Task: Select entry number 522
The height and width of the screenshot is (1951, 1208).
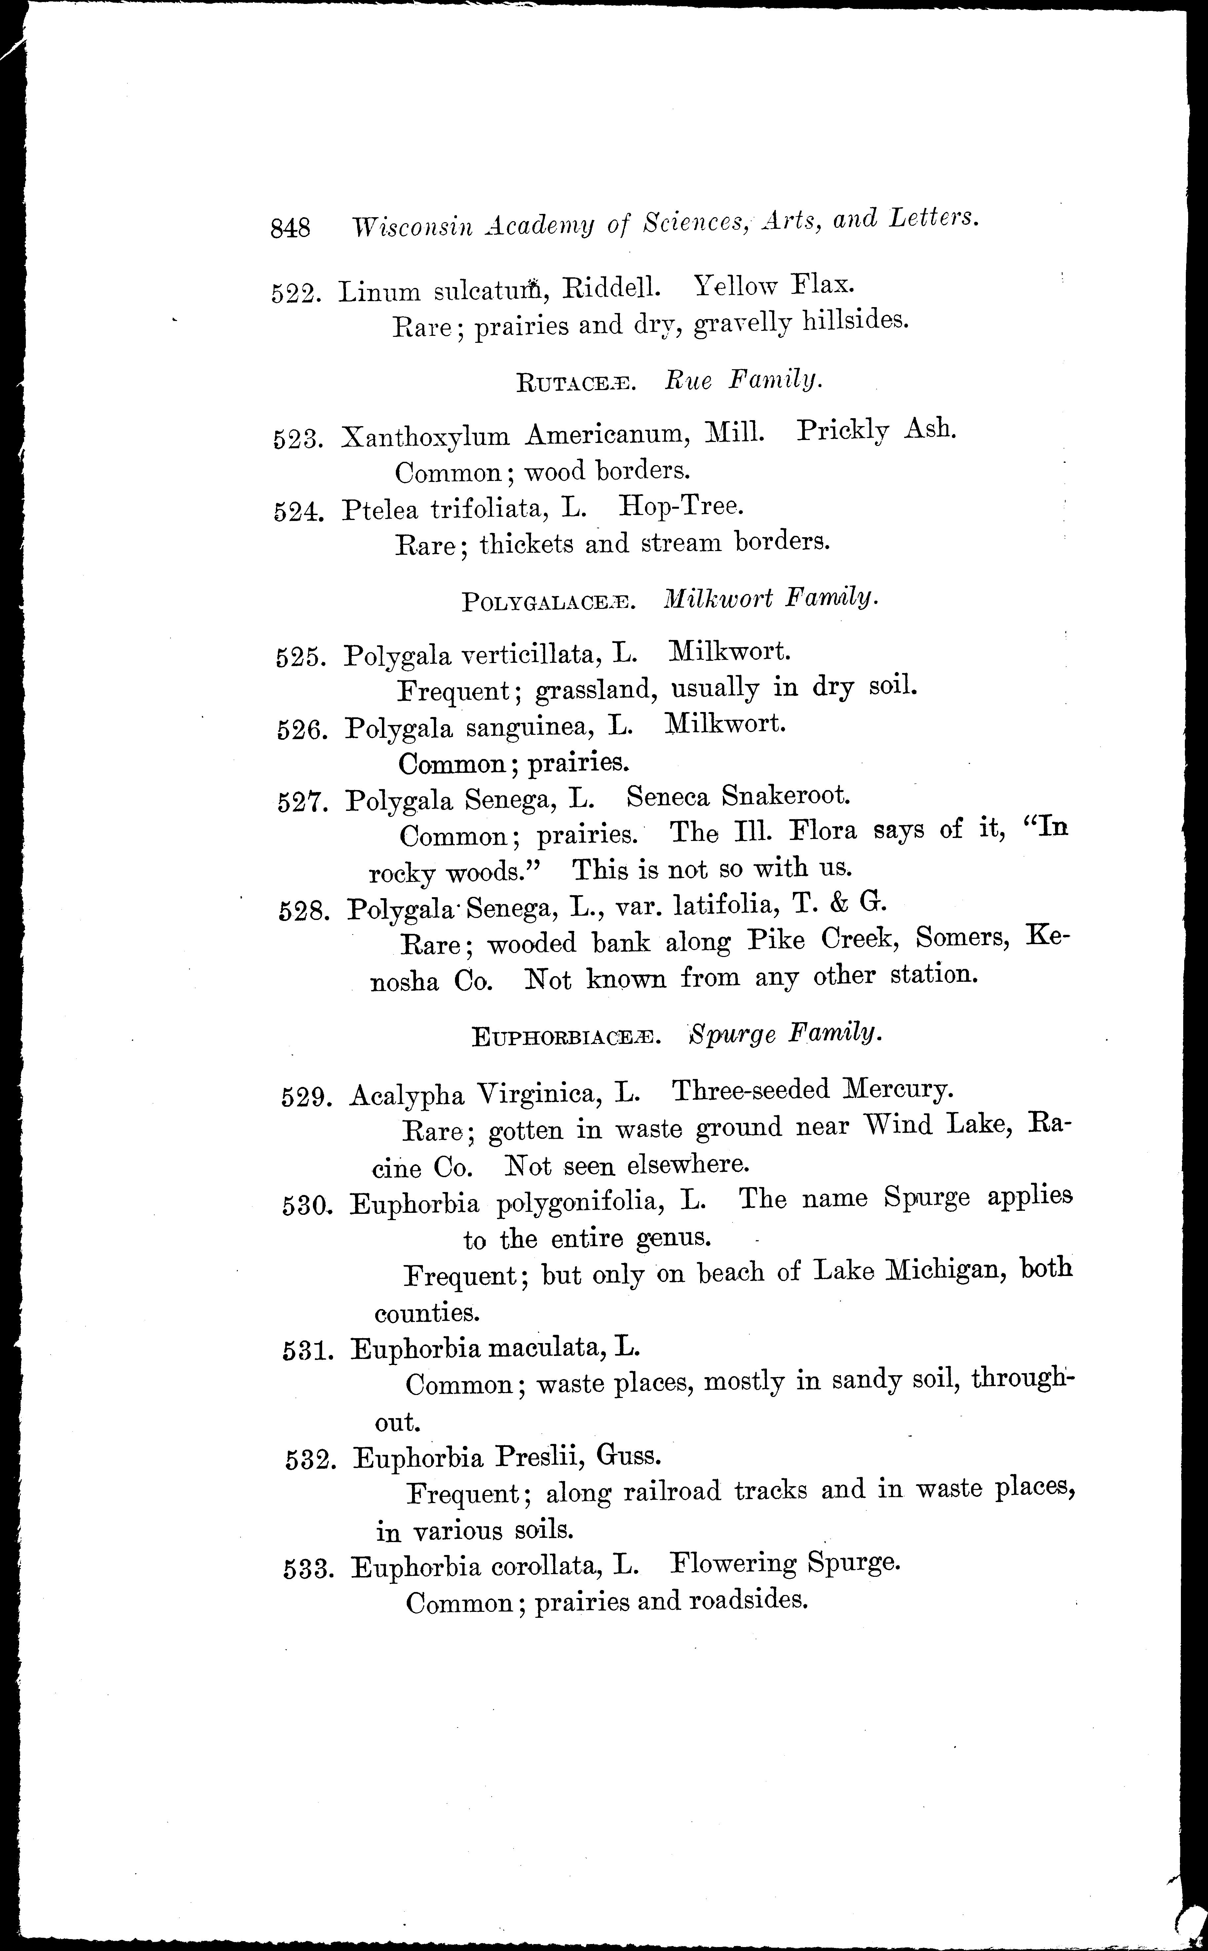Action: coord(295,293)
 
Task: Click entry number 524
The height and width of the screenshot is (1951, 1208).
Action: coord(298,511)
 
